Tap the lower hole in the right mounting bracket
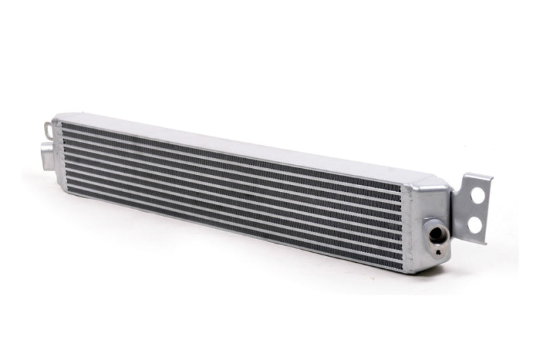(477, 223)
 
